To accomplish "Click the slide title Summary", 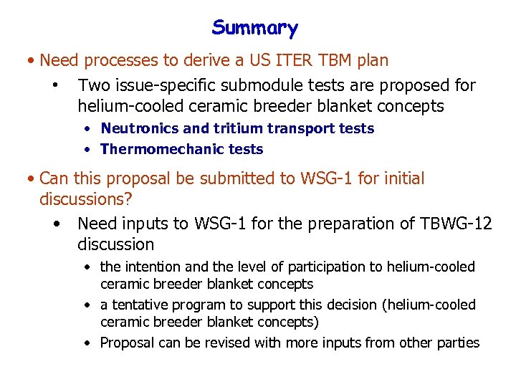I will [x=254, y=29].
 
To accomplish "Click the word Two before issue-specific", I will [x=94, y=86].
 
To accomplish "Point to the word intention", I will [x=152, y=267].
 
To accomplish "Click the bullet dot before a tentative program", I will [x=86, y=305].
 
